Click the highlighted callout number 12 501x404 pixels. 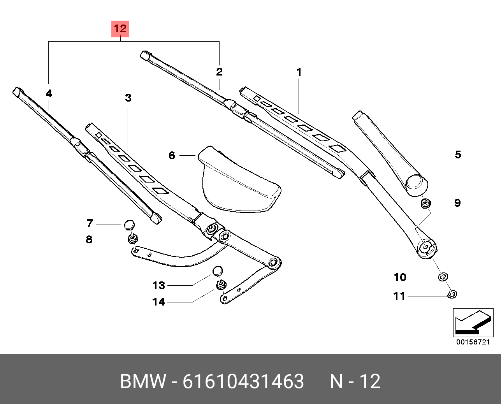tap(120, 29)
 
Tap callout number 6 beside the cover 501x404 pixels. tap(172, 155)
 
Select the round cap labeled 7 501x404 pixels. tap(129, 225)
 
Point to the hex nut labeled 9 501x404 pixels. tap(426, 203)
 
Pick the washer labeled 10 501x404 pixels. tap(443, 277)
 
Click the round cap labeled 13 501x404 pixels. tap(218, 271)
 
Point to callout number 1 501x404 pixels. tap(299, 72)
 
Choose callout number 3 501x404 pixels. tap(128, 98)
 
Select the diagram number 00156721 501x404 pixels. tap(473, 342)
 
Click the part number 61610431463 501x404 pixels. tap(243, 381)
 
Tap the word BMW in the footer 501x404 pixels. tap(143, 381)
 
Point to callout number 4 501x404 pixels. tap(49, 93)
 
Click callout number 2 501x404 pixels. tap(219, 72)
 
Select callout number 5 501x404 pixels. tap(458, 155)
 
